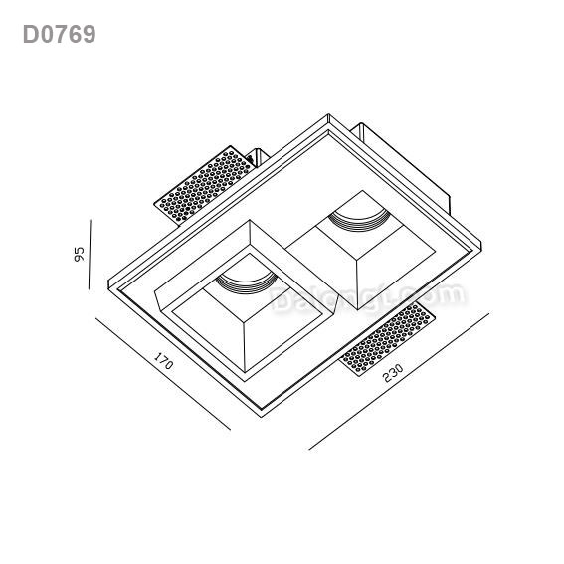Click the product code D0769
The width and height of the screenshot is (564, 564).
(60, 35)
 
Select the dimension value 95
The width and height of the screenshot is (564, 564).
(79, 255)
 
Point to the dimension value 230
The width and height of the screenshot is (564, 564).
(392, 372)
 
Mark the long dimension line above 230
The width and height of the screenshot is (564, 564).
(398, 382)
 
